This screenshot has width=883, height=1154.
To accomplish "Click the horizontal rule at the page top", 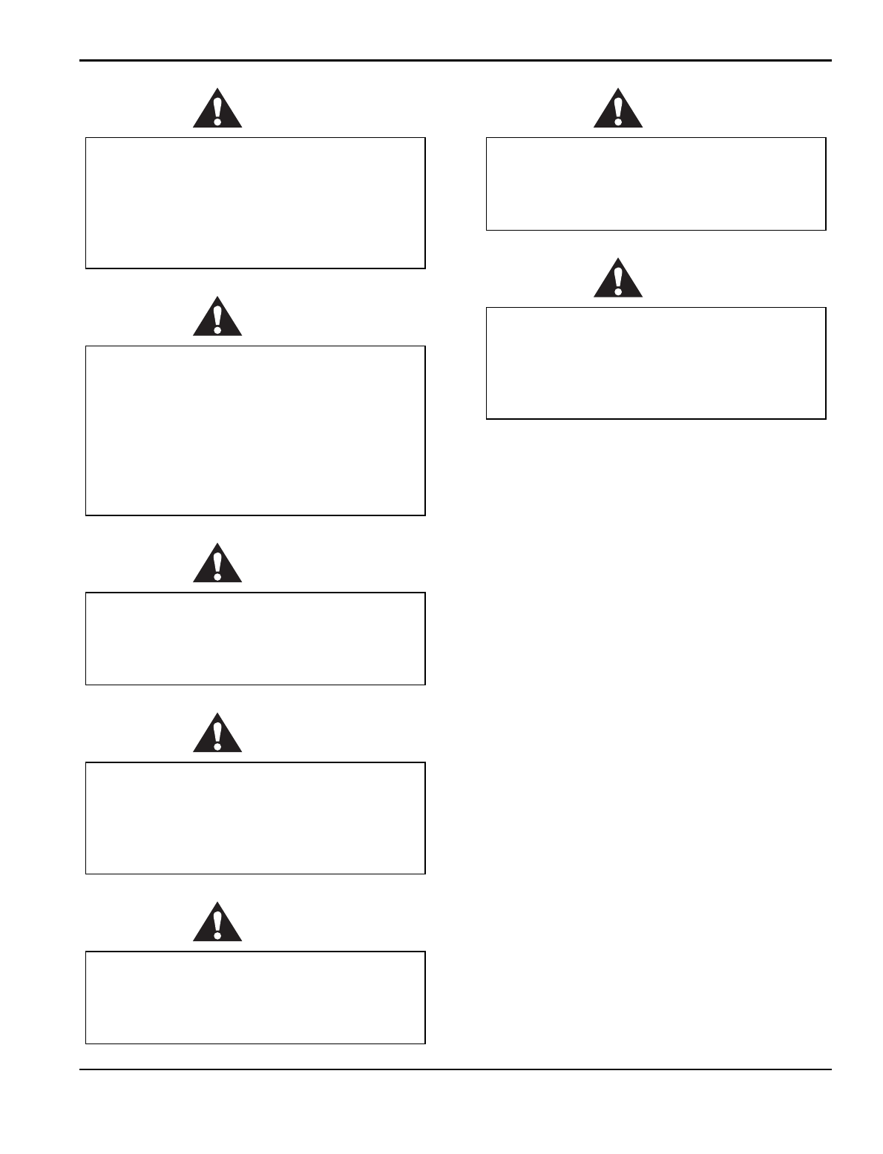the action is (456, 61).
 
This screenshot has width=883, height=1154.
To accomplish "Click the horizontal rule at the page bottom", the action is (456, 1069).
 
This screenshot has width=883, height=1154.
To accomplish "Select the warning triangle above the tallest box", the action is (217, 318).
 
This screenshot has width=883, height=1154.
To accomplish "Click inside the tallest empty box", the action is (255, 430).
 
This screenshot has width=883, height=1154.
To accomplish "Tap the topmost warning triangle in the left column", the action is (217, 110).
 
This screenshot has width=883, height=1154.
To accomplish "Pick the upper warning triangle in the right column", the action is (617, 110).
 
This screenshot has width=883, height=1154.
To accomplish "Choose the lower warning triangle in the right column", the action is (617, 280).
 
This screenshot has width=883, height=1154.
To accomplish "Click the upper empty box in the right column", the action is (656, 183).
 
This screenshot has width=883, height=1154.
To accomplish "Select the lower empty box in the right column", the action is (656, 363).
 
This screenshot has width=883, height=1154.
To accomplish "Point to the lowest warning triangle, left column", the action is (217, 923).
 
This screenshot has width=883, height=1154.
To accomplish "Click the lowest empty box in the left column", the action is (255, 998).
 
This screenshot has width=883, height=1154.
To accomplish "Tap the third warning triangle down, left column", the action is (217, 564).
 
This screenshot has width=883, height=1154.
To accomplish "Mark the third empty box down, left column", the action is (255, 639).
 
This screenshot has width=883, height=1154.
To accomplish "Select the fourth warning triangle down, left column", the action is (217, 734).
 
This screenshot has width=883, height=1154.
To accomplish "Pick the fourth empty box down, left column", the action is (255, 818).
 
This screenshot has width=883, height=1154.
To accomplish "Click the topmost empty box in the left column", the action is (255, 202).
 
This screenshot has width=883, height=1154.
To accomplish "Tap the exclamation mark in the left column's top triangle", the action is (217, 108).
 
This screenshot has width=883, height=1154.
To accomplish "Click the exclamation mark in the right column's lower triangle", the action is (617, 277).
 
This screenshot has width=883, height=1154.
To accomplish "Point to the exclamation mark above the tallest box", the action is (217, 316).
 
